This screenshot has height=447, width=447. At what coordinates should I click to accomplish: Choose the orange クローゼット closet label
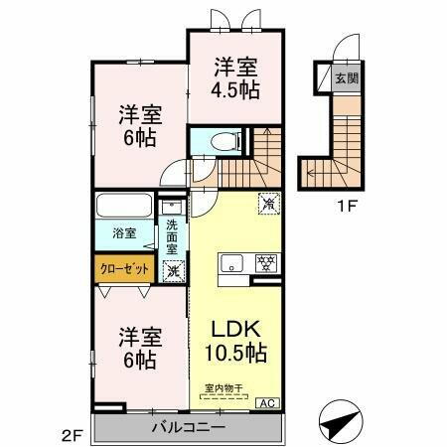[124, 267]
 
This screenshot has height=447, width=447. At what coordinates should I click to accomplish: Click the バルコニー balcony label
[188, 427]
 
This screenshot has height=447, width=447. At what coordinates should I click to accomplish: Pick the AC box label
[266, 402]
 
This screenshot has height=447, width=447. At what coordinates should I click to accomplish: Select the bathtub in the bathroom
[124, 209]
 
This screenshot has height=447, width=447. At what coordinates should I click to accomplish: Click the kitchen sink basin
[230, 264]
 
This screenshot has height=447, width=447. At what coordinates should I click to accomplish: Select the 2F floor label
[70, 434]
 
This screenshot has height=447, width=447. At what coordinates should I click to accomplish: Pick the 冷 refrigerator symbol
[268, 202]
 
